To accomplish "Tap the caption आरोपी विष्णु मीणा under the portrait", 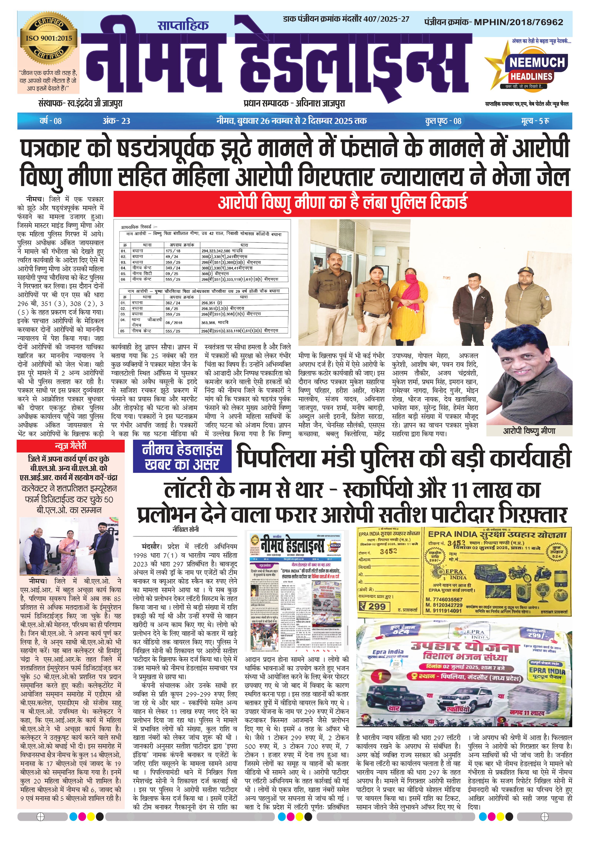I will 529,431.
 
